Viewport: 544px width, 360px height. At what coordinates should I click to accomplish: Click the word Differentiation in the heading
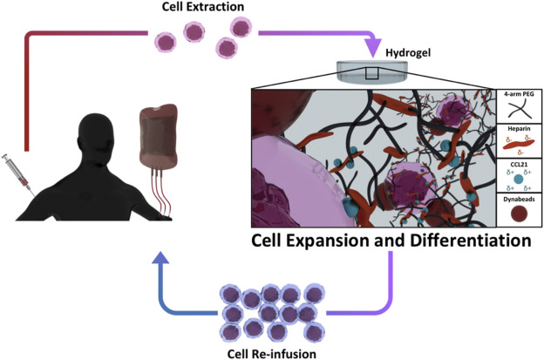click(x=461, y=240)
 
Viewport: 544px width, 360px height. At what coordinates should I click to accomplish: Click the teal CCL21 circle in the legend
click(x=519, y=180)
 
